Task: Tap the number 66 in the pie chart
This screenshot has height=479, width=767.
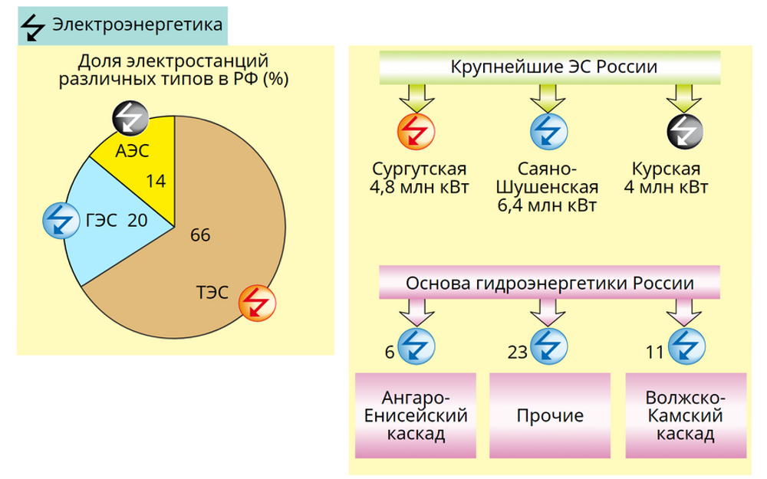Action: tap(200, 235)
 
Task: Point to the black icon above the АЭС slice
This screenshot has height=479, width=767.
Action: tap(130, 118)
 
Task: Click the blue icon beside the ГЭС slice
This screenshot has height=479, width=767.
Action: tap(61, 221)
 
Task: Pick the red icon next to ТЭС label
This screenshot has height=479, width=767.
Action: tap(257, 303)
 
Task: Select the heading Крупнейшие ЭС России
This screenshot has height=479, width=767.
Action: tap(553, 67)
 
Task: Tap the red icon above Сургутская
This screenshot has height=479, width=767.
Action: tap(416, 132)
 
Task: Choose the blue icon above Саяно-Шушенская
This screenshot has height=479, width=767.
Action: tap(549, 132)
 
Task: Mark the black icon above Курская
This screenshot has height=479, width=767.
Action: tap(685, 132)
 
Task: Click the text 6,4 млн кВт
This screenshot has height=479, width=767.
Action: tap(547, 205)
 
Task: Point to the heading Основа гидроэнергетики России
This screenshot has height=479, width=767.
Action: tap(550, 283)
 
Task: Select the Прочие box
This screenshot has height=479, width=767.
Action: tap(550, 415)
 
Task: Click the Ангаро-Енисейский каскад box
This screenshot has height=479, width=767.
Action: tap(416, 415)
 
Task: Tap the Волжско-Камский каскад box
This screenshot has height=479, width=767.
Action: tap(686, 415)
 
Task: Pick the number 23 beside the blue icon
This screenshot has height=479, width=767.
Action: tap(518, 352)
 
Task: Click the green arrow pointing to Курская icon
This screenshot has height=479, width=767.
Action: tap(684, 98)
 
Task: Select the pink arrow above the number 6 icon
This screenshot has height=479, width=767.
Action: tap(416, 313)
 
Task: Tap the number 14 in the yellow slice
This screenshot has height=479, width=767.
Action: tap(156, 182)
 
